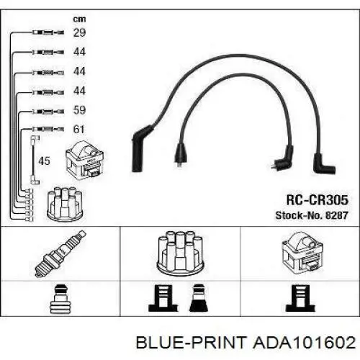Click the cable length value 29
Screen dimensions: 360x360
[x=79, y=32]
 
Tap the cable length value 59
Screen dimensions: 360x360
[x=79, y=110]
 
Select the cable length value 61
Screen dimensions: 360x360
[x=79, y=130]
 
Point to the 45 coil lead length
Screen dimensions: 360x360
[x=44, y=161]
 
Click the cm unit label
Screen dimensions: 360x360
[x=79, y=19]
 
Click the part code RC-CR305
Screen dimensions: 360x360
[x=318, y=199]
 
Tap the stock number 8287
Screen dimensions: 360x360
[x=336, y=215]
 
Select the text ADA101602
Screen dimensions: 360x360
[x=305, y=342]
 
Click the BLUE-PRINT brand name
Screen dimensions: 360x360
[x=192, y=342]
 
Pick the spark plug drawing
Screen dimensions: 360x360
[x=60, y=253]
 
